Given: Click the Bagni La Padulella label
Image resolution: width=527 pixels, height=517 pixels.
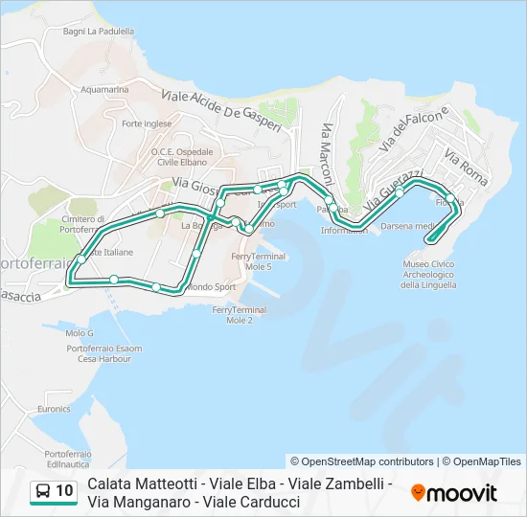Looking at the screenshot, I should pyautogui.click(x=99, y=31).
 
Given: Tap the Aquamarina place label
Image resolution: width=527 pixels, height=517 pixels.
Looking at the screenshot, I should pyautogui.click(x=105, y=89).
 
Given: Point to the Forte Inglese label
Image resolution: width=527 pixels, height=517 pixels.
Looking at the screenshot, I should pyautogui.click(x=147, y=124).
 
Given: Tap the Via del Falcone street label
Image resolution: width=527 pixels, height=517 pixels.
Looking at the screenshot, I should pyautogui.click(x=414, y=129).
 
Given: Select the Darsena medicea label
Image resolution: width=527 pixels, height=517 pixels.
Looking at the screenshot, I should pyautogui.click(x=409, y=227).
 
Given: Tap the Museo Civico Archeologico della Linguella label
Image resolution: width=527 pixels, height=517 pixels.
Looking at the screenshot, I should pyautogui.click(x=428, y=274).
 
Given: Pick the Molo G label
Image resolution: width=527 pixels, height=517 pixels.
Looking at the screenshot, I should pyautogui.click(x=80, y=333).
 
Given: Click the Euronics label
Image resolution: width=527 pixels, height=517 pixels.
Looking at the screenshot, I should pyautogui.click(x=54, y=409).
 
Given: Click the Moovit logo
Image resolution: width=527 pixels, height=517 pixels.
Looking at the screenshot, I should pyautogui.click(x=454, y=493).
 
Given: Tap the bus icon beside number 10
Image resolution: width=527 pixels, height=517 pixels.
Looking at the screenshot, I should pyautogui.click(x=43, y=492).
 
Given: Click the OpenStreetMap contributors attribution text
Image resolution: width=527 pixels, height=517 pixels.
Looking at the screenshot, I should pyautogui.click(x=362, y=461).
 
